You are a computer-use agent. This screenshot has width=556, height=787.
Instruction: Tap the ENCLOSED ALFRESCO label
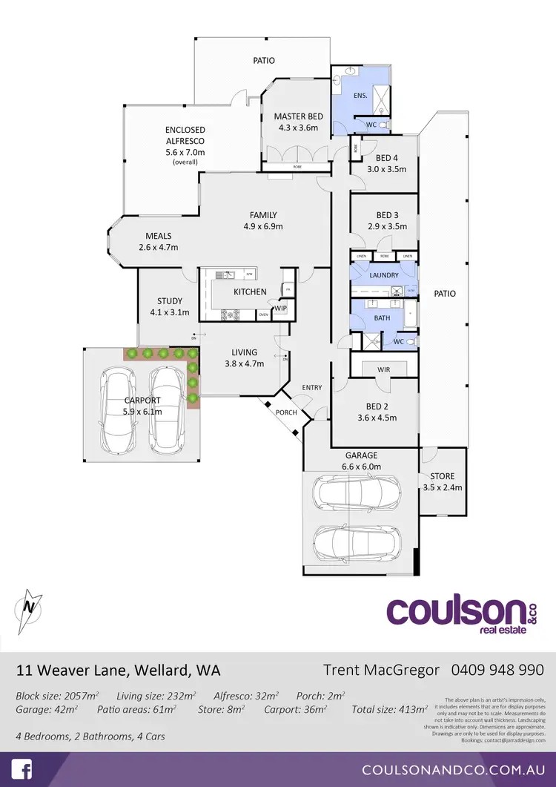(185, 135)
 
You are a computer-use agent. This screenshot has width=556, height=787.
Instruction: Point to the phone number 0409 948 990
(497, 670)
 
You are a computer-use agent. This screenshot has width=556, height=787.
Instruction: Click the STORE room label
(443, 476)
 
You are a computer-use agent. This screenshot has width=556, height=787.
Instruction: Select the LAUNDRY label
(384, 274)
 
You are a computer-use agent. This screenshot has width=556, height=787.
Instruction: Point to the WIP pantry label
(281, 308)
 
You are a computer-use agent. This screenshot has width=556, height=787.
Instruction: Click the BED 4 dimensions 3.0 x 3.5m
(387, 169)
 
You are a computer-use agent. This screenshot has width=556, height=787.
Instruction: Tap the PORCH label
(286, 412)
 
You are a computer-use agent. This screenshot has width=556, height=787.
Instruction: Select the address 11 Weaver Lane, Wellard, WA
(118, 671)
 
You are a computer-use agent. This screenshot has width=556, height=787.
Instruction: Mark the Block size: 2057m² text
(57, 696)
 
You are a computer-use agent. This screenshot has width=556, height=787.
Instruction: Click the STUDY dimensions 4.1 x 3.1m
(170, 312)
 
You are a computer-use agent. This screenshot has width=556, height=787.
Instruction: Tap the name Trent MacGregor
(382, 670)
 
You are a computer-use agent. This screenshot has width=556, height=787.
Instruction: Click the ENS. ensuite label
(360, 96)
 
